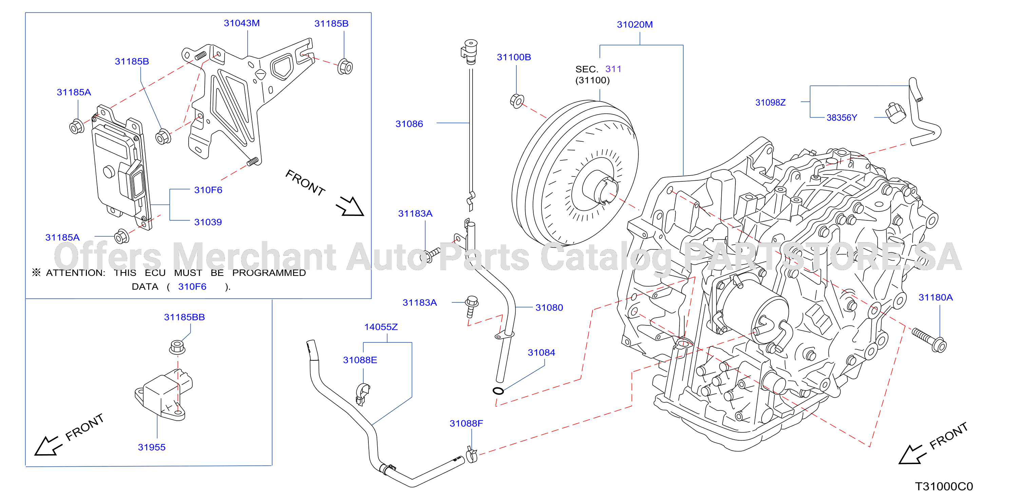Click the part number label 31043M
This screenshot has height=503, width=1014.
coord(242,23)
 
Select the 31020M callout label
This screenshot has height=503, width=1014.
coord(634,25)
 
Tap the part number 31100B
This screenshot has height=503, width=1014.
coord(514,57)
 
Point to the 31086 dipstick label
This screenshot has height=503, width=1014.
coord(409,124)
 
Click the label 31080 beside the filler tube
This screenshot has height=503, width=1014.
coord(549,307)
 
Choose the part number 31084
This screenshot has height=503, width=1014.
coord(541,353)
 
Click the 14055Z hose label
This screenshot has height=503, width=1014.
coord(381,327)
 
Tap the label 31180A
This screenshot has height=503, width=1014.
coord(935,297)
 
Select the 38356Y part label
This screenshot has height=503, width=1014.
coord(841,118)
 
